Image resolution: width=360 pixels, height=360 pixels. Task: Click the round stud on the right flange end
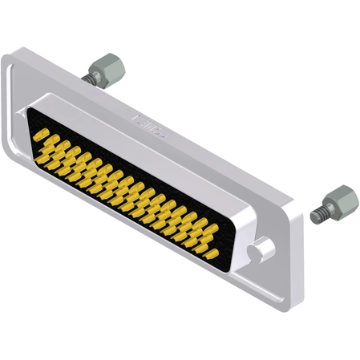(x=259, y=251)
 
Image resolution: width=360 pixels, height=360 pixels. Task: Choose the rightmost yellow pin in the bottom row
(x=210, y=255)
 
